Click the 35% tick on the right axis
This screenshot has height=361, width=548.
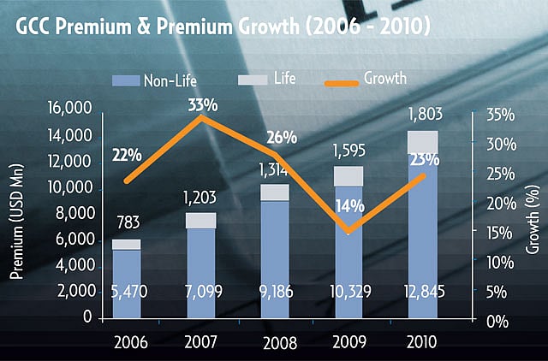click(x=500, y=115)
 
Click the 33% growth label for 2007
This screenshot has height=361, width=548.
click(x=202, y=106)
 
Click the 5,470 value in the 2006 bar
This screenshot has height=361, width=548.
click(x=128, y=292)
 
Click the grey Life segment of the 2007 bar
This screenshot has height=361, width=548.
click(x=200, y=221)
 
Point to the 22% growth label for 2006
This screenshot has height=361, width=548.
click(x=127, y=155)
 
